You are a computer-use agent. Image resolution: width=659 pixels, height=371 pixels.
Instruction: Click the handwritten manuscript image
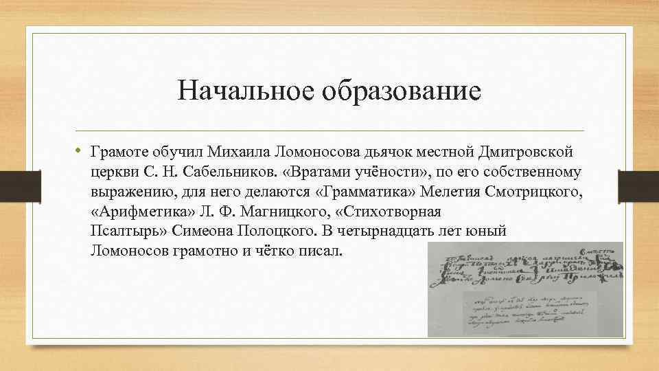(x=524, y=289)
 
